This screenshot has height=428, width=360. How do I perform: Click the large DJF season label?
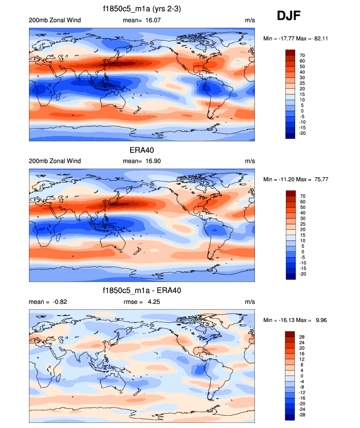point(289,16)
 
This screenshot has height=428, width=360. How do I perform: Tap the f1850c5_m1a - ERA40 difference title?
point(142,291)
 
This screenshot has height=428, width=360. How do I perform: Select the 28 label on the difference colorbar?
point(303,337)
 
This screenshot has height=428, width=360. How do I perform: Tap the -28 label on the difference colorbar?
point(303,415)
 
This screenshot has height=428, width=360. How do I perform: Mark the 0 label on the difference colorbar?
point(301,376)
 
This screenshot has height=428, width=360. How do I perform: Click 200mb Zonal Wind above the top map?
point(55,20)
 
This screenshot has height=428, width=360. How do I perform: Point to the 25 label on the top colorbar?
point(303,83)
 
